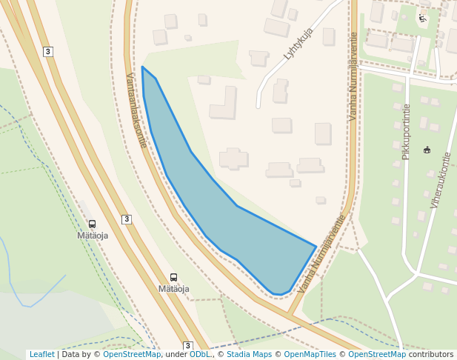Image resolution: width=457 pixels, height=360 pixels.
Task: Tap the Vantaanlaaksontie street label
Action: tap(136, 110)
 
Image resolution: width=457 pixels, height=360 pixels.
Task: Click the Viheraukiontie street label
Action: tap(440, 180)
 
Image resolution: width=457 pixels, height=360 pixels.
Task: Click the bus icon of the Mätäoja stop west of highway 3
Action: tap(93, 224)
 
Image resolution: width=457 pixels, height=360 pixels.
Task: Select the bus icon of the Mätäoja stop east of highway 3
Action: tap(174, 278)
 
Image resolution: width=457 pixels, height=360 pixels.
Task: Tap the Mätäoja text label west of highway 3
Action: tap(93, 236)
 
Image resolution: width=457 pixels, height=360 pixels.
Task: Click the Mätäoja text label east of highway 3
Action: tap(174, 289)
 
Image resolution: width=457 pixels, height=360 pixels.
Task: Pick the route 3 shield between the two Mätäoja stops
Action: tap(127, 219)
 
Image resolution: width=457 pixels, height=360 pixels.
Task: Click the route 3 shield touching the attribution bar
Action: tap(188, 346)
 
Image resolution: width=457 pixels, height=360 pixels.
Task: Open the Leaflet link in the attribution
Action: tap(41, 355)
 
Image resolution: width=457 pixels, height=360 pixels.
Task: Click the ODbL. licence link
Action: tap(200, 355)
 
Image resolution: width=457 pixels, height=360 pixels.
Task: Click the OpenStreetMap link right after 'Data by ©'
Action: tap(131, 355)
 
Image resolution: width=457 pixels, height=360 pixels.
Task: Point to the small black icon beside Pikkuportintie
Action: tap(427, 150)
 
